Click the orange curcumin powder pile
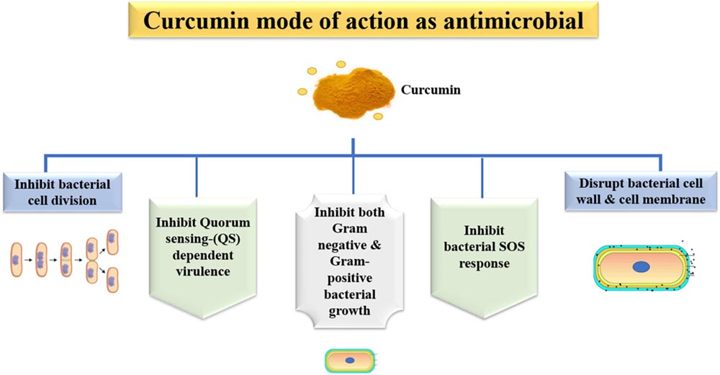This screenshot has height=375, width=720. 354,93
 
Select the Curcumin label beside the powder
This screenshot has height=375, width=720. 431,89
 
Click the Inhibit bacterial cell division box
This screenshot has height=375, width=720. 63,192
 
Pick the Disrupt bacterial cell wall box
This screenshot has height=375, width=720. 641,191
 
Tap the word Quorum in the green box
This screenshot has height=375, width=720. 225,223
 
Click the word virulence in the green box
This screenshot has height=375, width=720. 202,271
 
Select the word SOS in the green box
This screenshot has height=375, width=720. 510,247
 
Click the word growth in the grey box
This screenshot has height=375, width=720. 349,311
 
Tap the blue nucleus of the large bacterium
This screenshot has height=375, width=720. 641,267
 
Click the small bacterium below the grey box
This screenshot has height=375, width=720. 351,361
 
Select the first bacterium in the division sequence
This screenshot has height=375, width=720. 16,260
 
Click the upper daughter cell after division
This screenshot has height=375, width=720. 112,243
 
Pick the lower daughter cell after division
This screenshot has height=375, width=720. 112,280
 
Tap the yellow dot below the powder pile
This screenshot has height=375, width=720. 378,117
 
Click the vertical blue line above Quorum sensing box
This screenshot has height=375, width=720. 197,177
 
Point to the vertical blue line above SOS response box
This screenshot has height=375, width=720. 482,179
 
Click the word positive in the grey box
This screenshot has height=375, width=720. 349,278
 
